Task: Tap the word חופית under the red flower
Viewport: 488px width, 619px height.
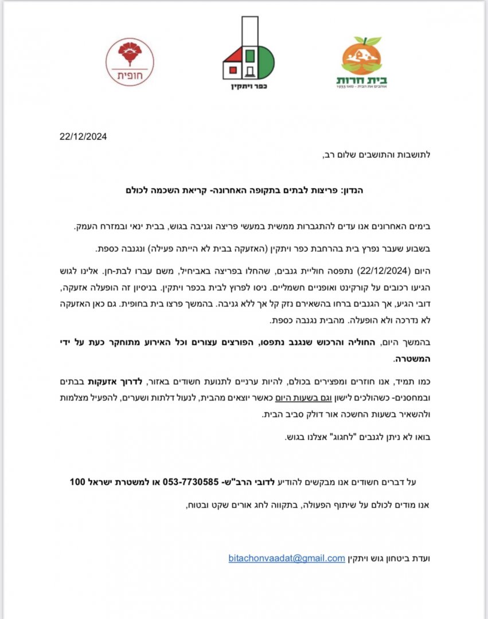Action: tap(130, 75)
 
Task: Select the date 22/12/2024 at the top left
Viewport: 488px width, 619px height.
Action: tap(83, 136)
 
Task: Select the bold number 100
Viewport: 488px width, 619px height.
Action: tap(78, 481)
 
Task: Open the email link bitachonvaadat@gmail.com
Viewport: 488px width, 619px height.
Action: tap(286, 558)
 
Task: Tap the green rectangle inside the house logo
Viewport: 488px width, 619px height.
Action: tap(250, 56)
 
